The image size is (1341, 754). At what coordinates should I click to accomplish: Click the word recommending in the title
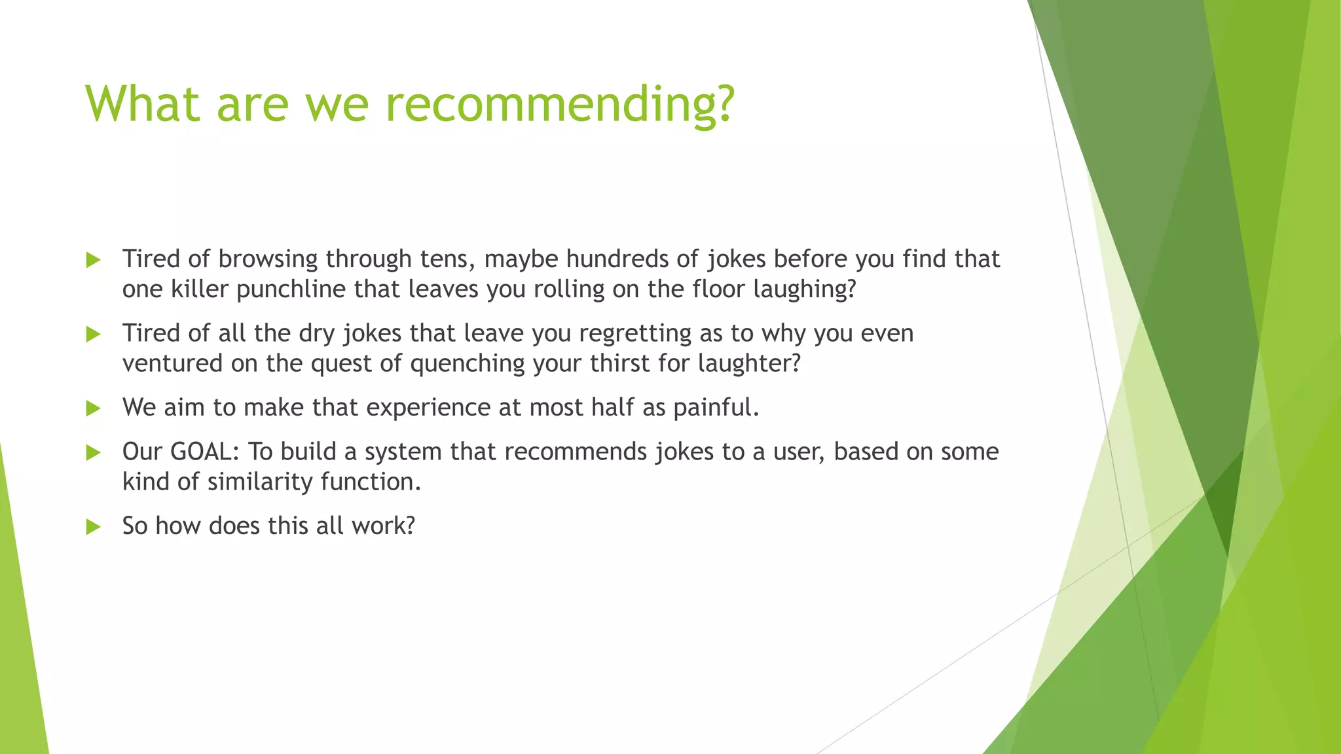(x=560, y=105)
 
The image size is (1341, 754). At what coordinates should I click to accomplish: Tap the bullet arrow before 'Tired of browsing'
(x=94, y=260)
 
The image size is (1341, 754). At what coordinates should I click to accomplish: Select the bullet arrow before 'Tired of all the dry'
(x=94, y=334)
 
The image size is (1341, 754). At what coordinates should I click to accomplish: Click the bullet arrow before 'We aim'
(x=94, y=409)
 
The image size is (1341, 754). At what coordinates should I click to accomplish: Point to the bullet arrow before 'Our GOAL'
(x=94, y=452)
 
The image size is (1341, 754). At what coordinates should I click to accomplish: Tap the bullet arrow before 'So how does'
(x=94, y=527)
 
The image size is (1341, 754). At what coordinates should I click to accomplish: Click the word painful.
(x=716, y=408)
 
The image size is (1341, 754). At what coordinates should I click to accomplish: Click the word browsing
(x=268, y=259)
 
